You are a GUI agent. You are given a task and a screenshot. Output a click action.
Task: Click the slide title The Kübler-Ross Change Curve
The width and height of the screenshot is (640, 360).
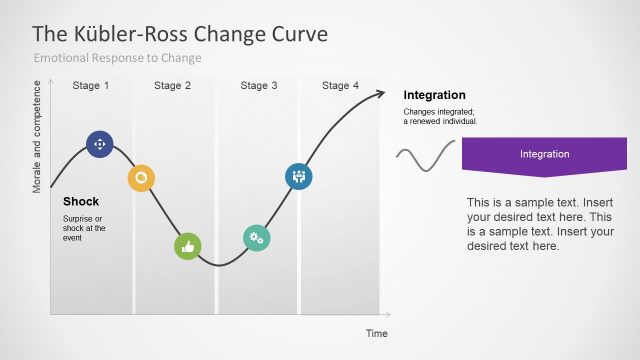[x=181, y=33]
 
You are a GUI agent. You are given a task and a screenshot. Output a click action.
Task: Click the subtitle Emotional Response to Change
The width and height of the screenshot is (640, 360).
[x=118, y=58]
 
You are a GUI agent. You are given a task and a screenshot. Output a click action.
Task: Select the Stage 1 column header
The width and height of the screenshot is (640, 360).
[x=91, y=86]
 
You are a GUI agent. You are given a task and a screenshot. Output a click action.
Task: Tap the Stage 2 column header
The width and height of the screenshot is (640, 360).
[x=173, y=86]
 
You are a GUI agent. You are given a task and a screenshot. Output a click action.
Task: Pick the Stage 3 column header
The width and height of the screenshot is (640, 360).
[x=260, y=86]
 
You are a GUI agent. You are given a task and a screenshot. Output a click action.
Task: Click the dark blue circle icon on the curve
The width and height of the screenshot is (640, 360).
[x=100, y=144]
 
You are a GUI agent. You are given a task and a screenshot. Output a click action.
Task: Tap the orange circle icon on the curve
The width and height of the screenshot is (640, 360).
[x=141, y=178]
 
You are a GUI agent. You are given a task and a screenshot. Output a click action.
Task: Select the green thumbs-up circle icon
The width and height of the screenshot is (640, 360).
[x=187, y=246]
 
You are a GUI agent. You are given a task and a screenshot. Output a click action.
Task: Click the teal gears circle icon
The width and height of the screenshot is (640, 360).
[x=257, y=237]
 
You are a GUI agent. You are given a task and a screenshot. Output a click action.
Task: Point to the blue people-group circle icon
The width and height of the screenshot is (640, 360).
[x=298, y=176]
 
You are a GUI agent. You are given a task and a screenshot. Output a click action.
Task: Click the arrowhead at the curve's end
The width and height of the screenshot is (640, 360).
[x=379, y=95]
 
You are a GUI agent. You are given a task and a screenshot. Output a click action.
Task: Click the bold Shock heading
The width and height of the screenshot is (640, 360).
[x=81, y=201]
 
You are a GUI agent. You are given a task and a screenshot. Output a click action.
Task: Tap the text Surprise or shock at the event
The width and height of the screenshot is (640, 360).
[x=84, y=228]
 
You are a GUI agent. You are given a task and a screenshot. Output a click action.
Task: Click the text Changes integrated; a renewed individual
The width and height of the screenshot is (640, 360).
[x=440, y=116]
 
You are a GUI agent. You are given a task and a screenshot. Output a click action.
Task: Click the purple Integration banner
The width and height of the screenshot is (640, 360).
[x=544, y=156]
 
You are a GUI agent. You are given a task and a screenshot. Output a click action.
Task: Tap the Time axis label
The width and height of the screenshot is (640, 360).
[x=376, y=333]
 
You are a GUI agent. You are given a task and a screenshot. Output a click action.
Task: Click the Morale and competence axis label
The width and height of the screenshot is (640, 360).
[x=39, y=136]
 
